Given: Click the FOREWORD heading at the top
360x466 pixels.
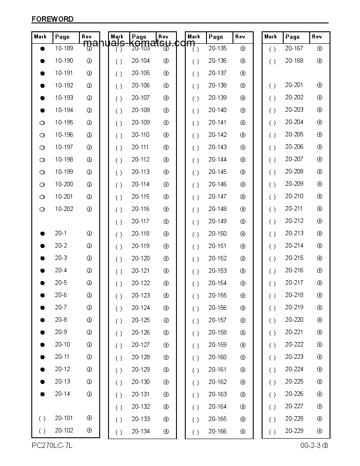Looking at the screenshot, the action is tap(52, 19).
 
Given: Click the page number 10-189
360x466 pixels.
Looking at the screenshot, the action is tap(64, 49).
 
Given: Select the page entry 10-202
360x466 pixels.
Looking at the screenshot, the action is tap(64, 209).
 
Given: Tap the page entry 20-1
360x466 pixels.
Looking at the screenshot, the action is tap(61, 233).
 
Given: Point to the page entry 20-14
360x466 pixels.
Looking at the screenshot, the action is tap(62, 394).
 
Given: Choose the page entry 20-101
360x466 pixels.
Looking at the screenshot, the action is tap(64, 418).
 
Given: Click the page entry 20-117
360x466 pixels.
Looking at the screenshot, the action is tap(140, 222).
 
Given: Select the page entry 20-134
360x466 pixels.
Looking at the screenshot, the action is tap(140, 432).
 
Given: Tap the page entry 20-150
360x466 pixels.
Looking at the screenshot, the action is tap(217, 234).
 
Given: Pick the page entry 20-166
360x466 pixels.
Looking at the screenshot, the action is tap(217, 432).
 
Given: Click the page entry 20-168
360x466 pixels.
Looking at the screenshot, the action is tap(294, 61).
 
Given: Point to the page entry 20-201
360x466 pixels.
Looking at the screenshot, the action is tap(294, 85).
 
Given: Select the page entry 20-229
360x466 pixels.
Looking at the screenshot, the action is tap(294, 431).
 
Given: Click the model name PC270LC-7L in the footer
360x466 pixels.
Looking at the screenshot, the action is tap(52, 446).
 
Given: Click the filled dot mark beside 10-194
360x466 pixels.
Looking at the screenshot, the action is tap(42, 110).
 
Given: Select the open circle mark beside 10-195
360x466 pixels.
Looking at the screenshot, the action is tap(42, 123).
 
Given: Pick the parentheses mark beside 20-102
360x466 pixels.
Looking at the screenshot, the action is tap(42, 431).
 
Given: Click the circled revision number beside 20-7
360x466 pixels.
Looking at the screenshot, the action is tap(89, 308).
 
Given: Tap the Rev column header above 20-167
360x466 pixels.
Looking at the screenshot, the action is tap(317, 37).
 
